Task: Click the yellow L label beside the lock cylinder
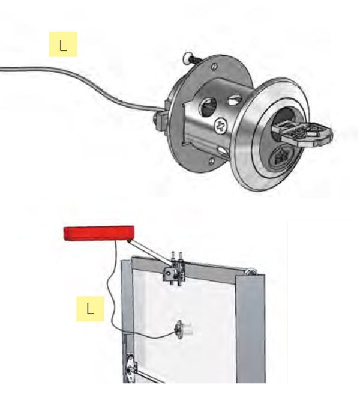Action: coord(63,44)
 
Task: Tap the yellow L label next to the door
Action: coord(91,309)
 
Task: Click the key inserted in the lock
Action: coord(303,133)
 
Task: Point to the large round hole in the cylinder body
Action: coord(208,107)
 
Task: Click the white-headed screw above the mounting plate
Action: coord(190,59)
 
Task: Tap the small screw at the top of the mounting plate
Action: coord(214,67)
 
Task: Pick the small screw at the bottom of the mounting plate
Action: coord(211,160)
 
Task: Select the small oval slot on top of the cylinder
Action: coord(235,100)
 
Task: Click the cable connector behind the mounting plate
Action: coord(161,119)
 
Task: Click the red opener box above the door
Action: coord(99,234)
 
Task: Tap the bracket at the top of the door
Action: coord(175,270)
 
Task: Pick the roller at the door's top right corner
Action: coord(250,271)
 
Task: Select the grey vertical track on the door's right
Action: coord(250,329)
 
